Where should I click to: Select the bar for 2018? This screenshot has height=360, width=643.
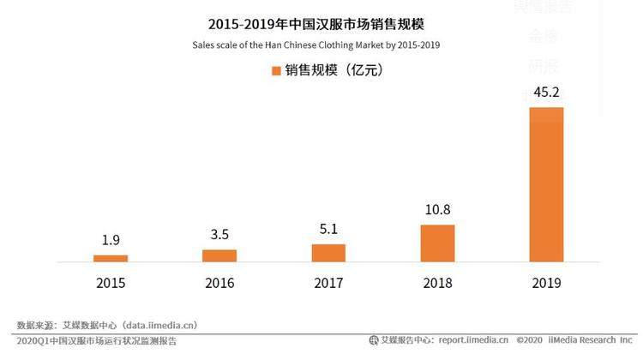click(x=437, y=243)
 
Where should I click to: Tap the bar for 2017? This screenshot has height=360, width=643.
click(x=328, y=253)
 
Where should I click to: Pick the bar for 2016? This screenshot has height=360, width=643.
click(x=219, y=255)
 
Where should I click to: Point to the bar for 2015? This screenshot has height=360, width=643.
click(x=111, y=258)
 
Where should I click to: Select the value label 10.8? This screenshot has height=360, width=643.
click(x=437, y=209)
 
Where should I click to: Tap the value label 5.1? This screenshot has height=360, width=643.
click(x=328, y=229)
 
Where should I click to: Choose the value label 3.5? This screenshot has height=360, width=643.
click(x=219, y=234)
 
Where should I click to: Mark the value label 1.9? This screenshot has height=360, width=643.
click(x=111, y=240)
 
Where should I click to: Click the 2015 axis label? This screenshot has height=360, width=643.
click(x=111, y=284)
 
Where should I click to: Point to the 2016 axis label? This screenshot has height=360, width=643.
click(x=219, y=284)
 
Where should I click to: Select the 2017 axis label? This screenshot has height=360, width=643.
click(x=328, y=284)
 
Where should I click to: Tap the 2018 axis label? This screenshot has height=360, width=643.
click(x=437, y=284)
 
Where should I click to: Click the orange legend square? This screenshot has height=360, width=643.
click(x=277, y=70)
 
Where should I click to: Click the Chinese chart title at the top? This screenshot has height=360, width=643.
click(x=321, y=24)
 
